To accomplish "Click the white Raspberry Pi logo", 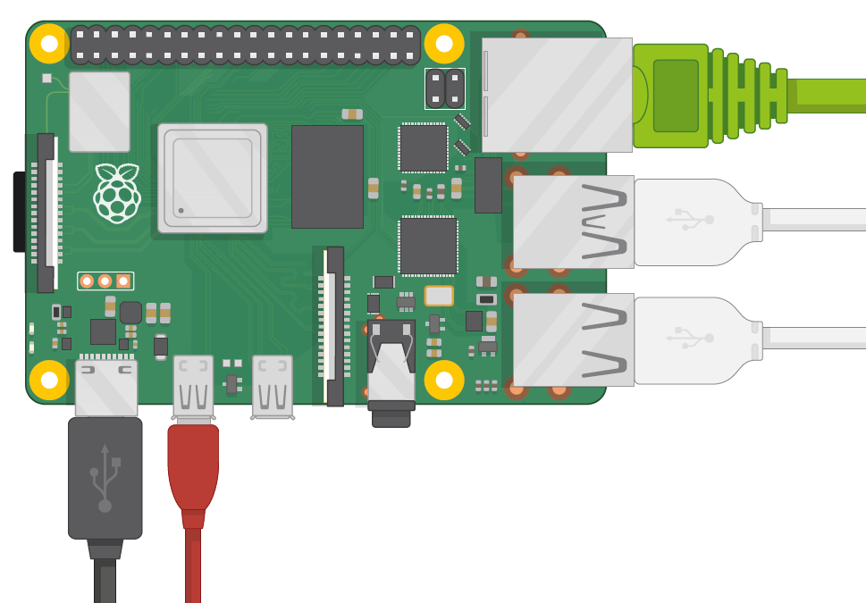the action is (117, 193).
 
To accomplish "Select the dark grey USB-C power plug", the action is (105, 478).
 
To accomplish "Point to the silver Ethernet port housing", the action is (556, 95).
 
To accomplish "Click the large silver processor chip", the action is (213, 178).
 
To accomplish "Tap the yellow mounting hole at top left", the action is (49, 44).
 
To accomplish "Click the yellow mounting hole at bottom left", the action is (49, 380).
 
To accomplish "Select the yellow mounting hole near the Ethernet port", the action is (444, 44).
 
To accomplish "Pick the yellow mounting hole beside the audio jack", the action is (444, 380).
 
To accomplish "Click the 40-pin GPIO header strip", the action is (245, 45).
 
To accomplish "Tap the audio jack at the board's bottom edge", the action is (391, 375).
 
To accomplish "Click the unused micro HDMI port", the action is (273, 387).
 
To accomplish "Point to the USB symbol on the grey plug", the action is (105, 478).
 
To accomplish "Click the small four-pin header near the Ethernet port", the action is (445, 88).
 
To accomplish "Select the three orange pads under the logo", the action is (105, 281).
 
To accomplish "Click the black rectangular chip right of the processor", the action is (327, 176).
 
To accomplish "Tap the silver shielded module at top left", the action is (99, 112).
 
